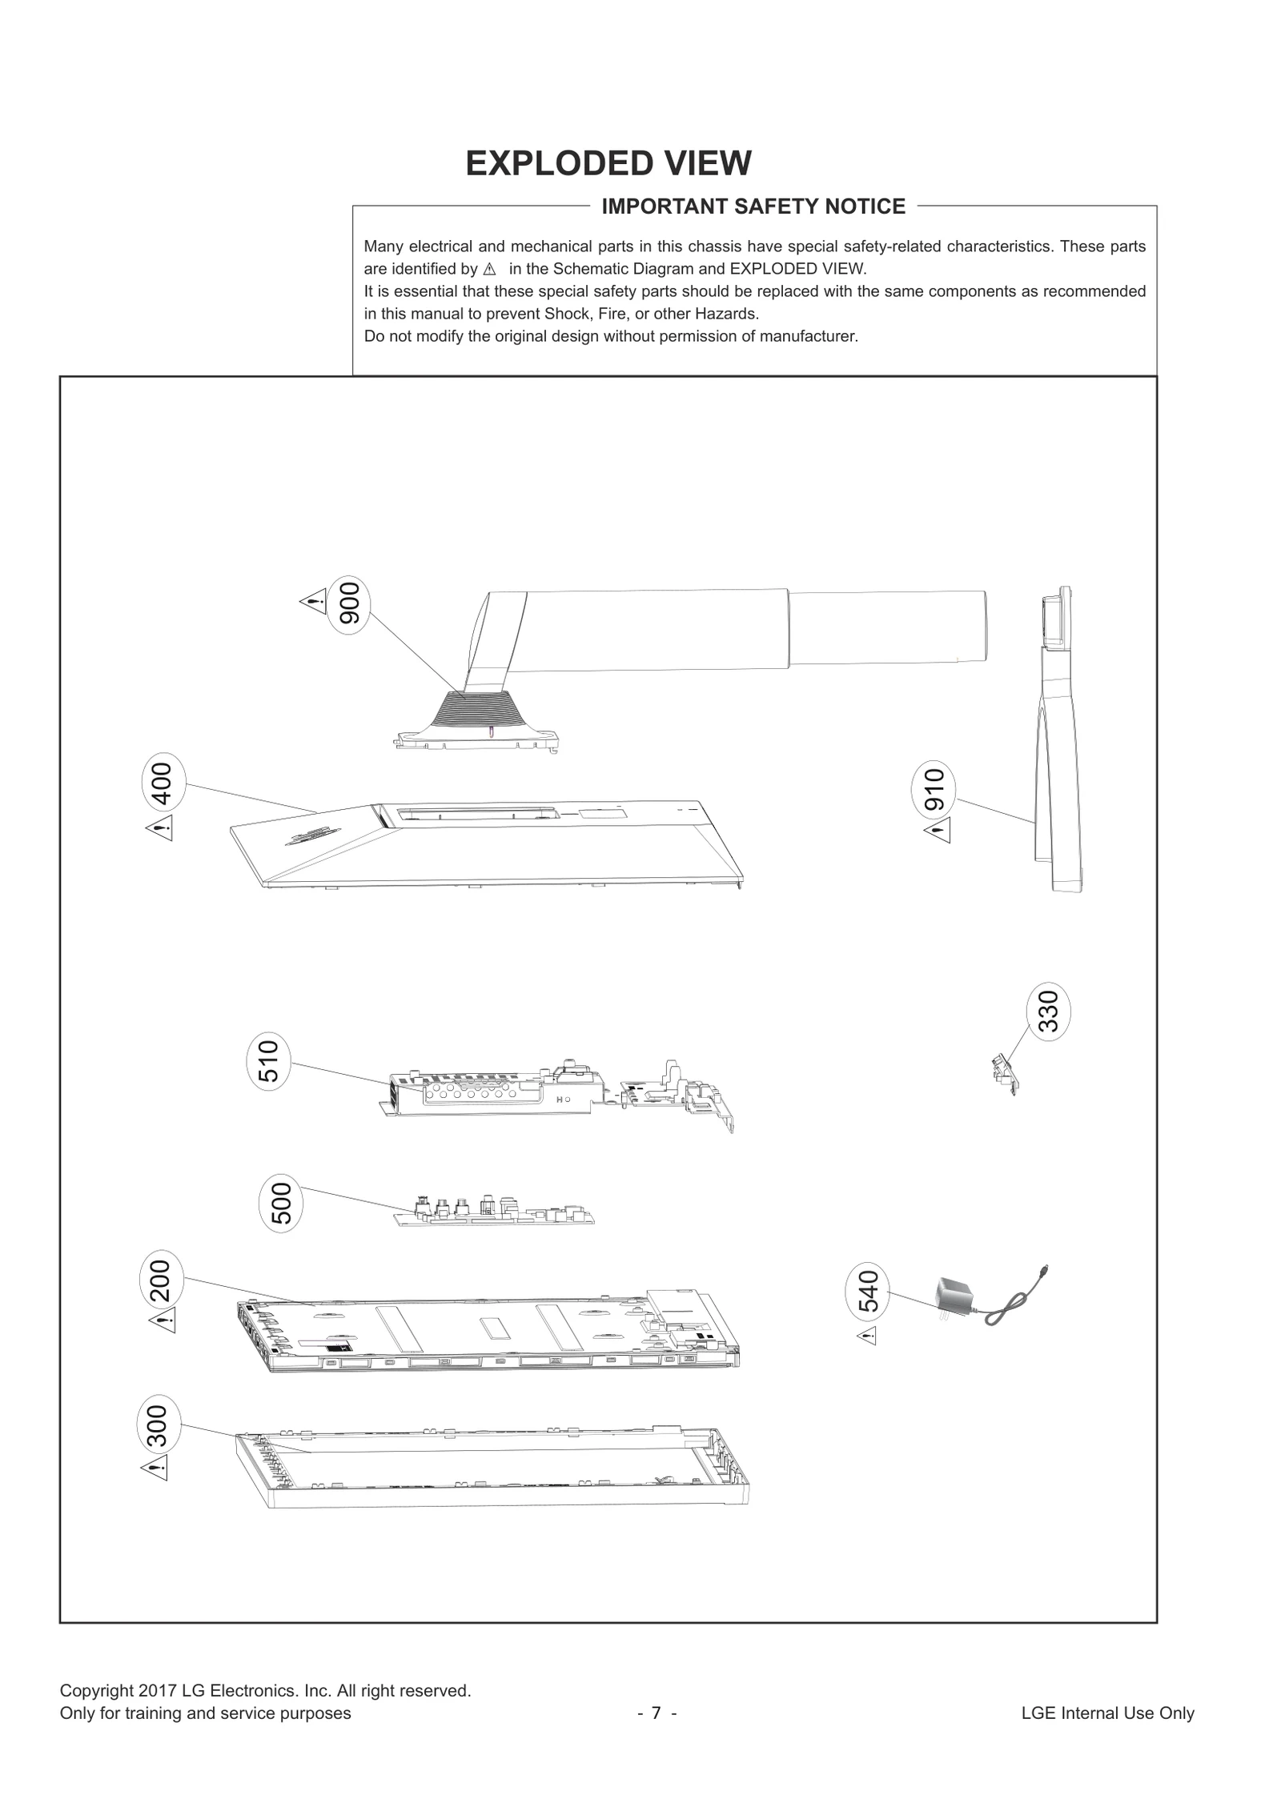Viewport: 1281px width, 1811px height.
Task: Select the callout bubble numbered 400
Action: pyautogui.click(x=163, y=783)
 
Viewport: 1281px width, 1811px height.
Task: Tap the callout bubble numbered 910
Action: pyautogui.click(x=934, y=789)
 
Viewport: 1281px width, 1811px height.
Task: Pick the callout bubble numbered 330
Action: pyautogui.click(x=1048, y=1011)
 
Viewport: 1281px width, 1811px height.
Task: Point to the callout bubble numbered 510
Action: pyautogui.click(x=268, y=1060)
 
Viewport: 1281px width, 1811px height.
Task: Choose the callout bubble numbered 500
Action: pyautogui.click(x=281, y=1203)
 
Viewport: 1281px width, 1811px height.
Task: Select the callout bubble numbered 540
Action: pyautogui.click(x=868, y=1292)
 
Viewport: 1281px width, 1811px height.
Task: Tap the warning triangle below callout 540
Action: pyautogui.click(x=868, y=1336)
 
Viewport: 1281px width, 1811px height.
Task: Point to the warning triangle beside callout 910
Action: pyautogui.click(x=938, y=831)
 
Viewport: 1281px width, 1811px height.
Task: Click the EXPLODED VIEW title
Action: pyautogui.click(x=608, y=163)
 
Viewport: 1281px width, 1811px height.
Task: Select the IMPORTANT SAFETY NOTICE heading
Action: pyautogui.click(x=753, y=206)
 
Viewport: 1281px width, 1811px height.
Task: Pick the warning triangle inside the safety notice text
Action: pyautogui.click(x=490, y=270)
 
